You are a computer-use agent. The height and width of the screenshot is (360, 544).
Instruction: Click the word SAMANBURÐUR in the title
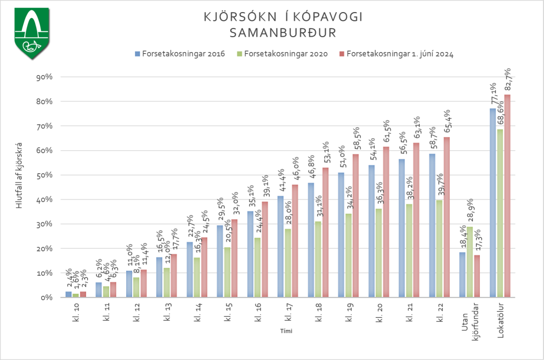(283, 33)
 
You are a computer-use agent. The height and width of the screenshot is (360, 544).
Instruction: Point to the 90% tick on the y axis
(43, 77)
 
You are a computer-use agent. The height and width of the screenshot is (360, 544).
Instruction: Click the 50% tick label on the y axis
(43, 175)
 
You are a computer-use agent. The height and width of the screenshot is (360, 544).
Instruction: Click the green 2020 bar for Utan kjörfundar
(469, 262)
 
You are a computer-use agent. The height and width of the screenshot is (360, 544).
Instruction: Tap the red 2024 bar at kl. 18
(325, 232)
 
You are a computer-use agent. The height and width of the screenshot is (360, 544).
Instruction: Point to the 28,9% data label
(470, 211)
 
